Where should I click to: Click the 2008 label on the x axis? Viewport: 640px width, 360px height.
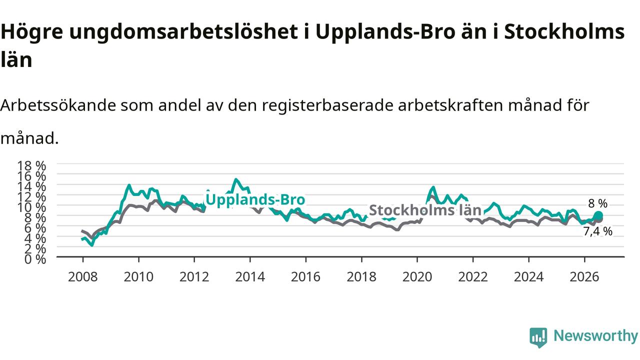click(83, 277)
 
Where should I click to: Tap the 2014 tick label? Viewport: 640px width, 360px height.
click(250, 277)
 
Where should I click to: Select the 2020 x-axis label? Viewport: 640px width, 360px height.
click(417, 277)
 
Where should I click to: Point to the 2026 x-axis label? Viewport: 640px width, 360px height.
click(584, 277)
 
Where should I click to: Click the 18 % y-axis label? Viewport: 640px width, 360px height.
click(31, 165)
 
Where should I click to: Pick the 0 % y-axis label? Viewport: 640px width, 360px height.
click(35, 259)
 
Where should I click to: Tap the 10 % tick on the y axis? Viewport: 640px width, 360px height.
click(31, 207)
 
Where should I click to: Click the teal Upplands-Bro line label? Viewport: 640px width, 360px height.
click(255, 199)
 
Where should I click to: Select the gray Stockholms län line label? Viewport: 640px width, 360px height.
click(425, 210)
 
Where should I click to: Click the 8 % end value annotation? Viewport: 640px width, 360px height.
click(597, 203)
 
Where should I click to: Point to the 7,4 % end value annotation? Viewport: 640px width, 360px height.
click(597, 231)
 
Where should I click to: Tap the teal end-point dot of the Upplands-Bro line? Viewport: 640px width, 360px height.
click(598, 215)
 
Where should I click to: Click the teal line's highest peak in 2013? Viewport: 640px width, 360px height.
click(235, 179)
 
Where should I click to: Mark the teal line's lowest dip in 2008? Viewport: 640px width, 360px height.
click(92, 245)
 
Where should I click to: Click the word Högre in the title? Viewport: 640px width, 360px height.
click(31, 32)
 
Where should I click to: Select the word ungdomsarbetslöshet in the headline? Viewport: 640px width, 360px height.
click(183, 32)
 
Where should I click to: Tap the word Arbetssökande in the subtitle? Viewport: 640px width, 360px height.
click(58, 105)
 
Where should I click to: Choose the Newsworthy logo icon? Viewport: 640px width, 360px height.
click(538, 337)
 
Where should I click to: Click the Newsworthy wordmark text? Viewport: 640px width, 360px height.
click(595, 336)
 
